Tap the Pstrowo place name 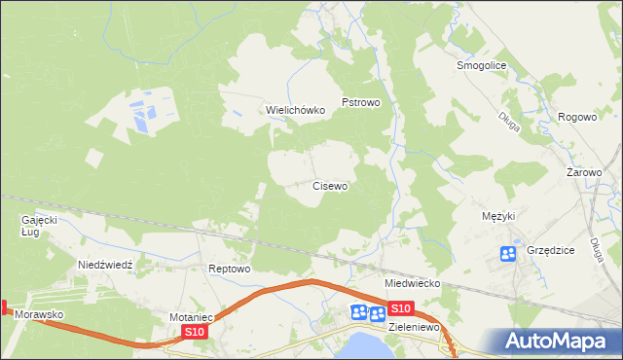(359, 101)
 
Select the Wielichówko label (296, 110)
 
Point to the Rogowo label (576, 117)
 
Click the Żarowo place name (584, 172)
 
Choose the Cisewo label (330, 185)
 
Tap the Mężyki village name (497, 215)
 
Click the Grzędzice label (550, 250)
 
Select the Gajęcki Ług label (40, 226)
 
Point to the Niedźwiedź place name (111, 265)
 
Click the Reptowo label (231, 269)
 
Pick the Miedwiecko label (413, 283)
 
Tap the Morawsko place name (39, 316)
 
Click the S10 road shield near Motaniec (195, 332)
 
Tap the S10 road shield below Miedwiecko (400, 308)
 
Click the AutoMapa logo (559, 341)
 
